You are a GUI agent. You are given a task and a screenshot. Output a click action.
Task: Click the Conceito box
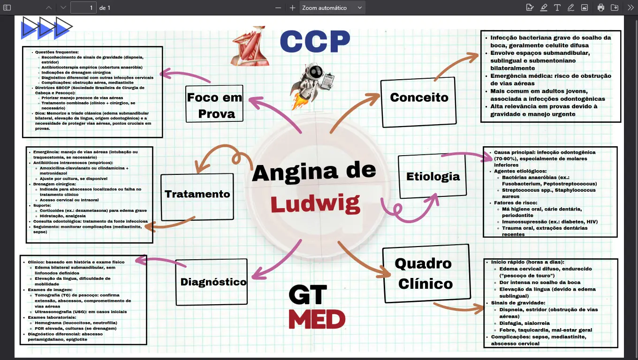coord(418,97)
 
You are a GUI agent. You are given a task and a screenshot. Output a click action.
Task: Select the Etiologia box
coord(432,176)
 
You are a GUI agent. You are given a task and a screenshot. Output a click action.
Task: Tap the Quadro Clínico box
coord(426,273)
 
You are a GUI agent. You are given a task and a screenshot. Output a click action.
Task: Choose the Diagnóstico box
coord(213,282)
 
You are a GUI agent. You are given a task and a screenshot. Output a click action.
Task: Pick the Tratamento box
coord(197,194)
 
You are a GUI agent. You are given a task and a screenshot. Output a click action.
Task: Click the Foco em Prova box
coord(214,105)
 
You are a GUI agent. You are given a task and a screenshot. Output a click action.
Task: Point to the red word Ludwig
coord(315,204)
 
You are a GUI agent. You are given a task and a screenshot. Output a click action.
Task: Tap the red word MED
coord(317,320)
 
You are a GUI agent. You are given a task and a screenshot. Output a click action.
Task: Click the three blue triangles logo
coord(46,28)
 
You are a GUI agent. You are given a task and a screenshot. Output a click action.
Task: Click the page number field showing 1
coord(84,7)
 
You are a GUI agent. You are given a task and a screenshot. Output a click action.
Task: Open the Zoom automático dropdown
coord(332,7)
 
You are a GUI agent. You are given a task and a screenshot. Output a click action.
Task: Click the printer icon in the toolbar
coord(600,7)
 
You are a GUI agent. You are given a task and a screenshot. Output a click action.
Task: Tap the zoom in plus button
coord(293,7)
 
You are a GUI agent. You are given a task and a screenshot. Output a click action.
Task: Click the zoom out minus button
coord(279,7)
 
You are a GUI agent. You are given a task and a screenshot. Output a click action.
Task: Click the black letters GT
coord(308,294)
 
